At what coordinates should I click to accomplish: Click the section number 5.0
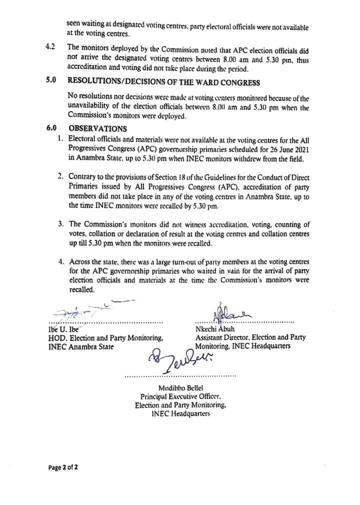click(x=50, y=80)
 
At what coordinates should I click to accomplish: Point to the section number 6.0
click(x=50, y=128)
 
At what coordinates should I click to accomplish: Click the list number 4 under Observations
click(x=60, y=261)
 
